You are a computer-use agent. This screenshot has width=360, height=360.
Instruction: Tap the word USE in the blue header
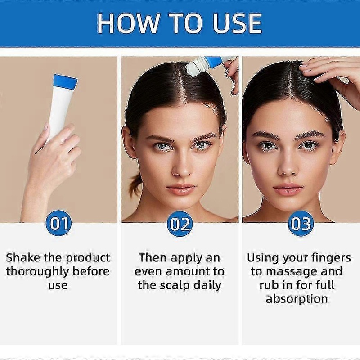(x=238, y=23)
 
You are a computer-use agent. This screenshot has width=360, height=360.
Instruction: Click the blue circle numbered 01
(x=58, y=223)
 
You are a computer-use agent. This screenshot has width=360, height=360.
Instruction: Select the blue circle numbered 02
(x=180, y=224)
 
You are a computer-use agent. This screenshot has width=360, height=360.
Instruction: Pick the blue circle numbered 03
(x=301, y=223)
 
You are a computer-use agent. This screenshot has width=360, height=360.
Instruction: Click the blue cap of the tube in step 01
(x=65, y=82)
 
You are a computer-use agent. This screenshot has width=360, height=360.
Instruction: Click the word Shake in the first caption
(x=23, y=257)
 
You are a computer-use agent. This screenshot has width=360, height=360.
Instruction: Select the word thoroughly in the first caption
(x=37, y=272)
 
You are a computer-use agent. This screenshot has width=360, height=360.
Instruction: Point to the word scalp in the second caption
(x=175, y=285)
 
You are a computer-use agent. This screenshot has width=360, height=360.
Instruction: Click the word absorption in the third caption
(x=297, y=299)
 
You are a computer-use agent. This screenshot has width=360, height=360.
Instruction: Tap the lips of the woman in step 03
(x=288, y=189)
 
